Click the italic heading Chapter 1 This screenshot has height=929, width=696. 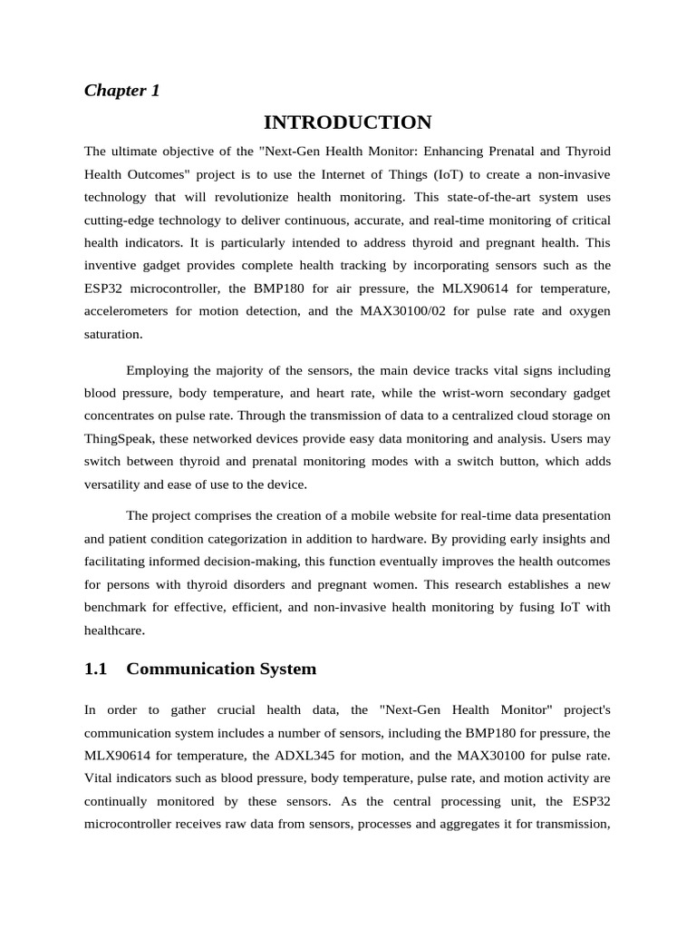click(x=121, y=91)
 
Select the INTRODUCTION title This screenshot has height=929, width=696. click(x=348, y=122)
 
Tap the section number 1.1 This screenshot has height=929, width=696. click(x=95, y=670)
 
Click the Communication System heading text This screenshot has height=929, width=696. click(x=221, y=670)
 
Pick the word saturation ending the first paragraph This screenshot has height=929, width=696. click(x=112, y=334)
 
